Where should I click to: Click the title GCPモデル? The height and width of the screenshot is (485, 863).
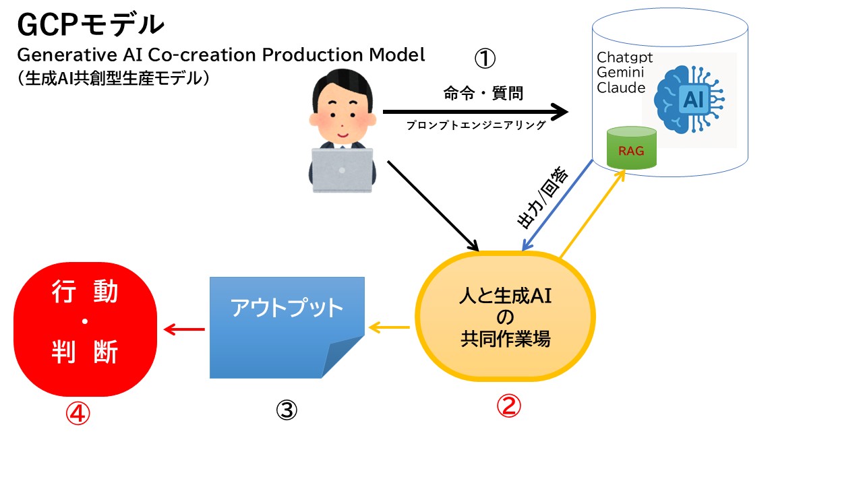click(90, 25)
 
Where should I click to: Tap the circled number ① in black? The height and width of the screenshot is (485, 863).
click(485, 59)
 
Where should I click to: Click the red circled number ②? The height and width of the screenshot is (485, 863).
click(509, 405)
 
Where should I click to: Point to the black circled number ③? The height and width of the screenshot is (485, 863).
click(287, 410)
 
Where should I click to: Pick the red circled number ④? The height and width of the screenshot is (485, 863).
click(78, 414)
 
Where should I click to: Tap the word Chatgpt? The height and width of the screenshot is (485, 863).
click(625, 58)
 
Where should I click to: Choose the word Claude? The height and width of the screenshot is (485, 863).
click(621, 88)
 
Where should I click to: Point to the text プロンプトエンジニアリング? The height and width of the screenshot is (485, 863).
click(475, 125)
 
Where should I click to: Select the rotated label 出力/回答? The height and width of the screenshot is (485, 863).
click(542, 199)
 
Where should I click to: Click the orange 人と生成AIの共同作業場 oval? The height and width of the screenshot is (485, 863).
click(506, 317)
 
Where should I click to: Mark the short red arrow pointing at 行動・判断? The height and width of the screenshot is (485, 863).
click(184, 329)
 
